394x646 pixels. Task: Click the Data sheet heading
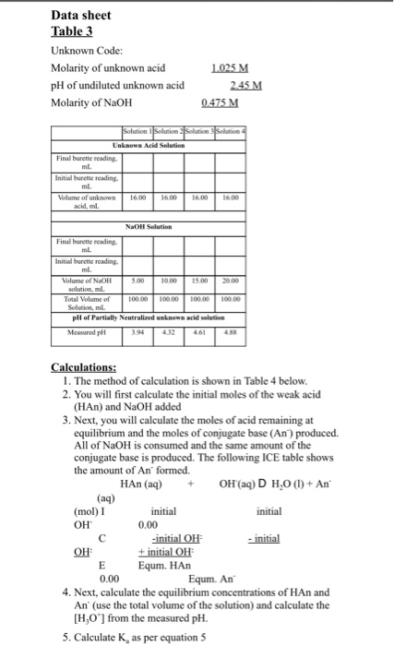(80, 16)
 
